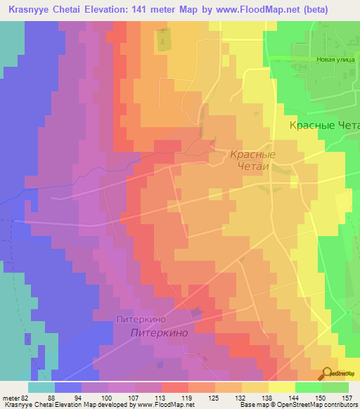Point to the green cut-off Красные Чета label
pos(324,125)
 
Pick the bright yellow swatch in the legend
pos(282,387)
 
